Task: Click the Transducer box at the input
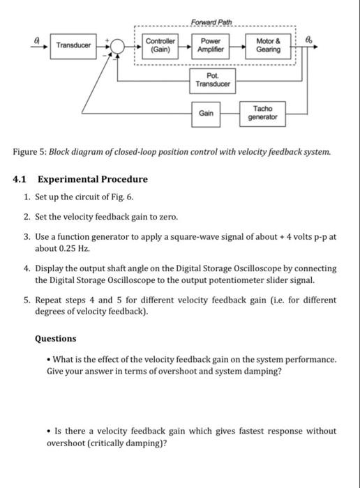point(73,45)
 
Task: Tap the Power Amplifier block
point(210,45)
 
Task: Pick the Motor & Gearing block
point(269,45)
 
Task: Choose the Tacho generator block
point(263,113)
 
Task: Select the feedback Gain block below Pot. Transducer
point(207,112)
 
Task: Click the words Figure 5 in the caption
point(31,152)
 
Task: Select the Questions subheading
point(56,338)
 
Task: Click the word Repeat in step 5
point(49,300)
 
